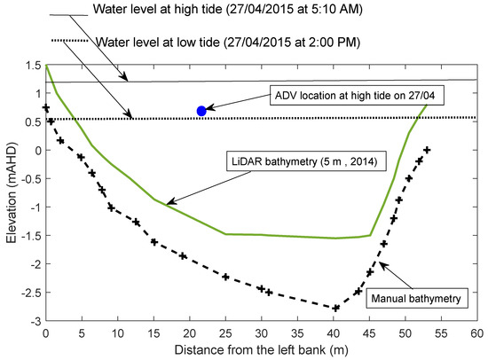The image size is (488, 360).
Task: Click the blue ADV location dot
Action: point(201,111)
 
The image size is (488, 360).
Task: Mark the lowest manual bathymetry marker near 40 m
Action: point(337,309)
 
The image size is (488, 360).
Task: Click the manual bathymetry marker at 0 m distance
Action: point(45,107)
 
